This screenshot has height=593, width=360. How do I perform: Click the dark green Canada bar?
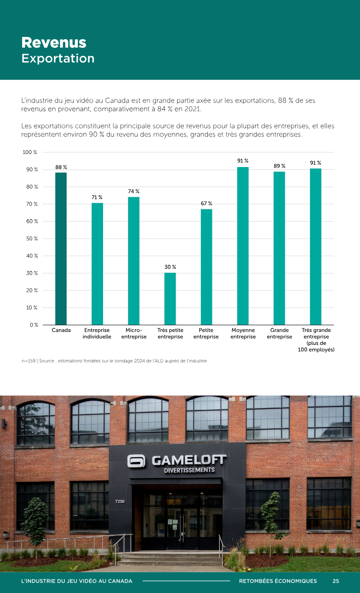[x=61, y=249]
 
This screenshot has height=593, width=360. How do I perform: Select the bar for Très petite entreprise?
[x=170, y=299]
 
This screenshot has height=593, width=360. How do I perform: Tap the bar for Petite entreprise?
[x=206, y=267]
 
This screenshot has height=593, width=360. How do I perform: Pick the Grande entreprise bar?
[x=279, y=248]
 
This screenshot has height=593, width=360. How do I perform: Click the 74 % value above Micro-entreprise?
[x=134, y=191]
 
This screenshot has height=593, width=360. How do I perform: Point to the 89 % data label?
[x=279, y=166]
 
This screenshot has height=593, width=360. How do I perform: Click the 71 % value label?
[x=97, y=197]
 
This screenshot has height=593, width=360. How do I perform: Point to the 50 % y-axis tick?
[x=32, y=239]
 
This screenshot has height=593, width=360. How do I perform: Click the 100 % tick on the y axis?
[x=30, y=152]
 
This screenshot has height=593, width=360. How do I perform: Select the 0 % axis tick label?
[x=34, y=325]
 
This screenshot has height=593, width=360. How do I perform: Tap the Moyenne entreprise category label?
[x=243, y=333]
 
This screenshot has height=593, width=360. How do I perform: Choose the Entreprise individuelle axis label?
[x=97, y=333]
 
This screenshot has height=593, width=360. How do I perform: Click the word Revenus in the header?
[x=54, y=42]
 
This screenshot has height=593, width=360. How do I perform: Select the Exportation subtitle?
[x=58, y=58]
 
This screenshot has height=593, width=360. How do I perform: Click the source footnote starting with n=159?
[x=114, y=361]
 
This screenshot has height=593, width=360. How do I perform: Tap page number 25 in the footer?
[x=336, y=581]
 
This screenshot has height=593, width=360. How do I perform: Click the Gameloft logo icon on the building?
[x=136, y=461]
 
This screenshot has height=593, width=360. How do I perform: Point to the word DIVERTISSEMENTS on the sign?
[x=189, y=470]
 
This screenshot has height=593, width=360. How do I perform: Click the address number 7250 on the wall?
[x=120, y=502]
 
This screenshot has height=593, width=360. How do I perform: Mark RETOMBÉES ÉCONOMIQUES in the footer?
[x=278, y=581]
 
